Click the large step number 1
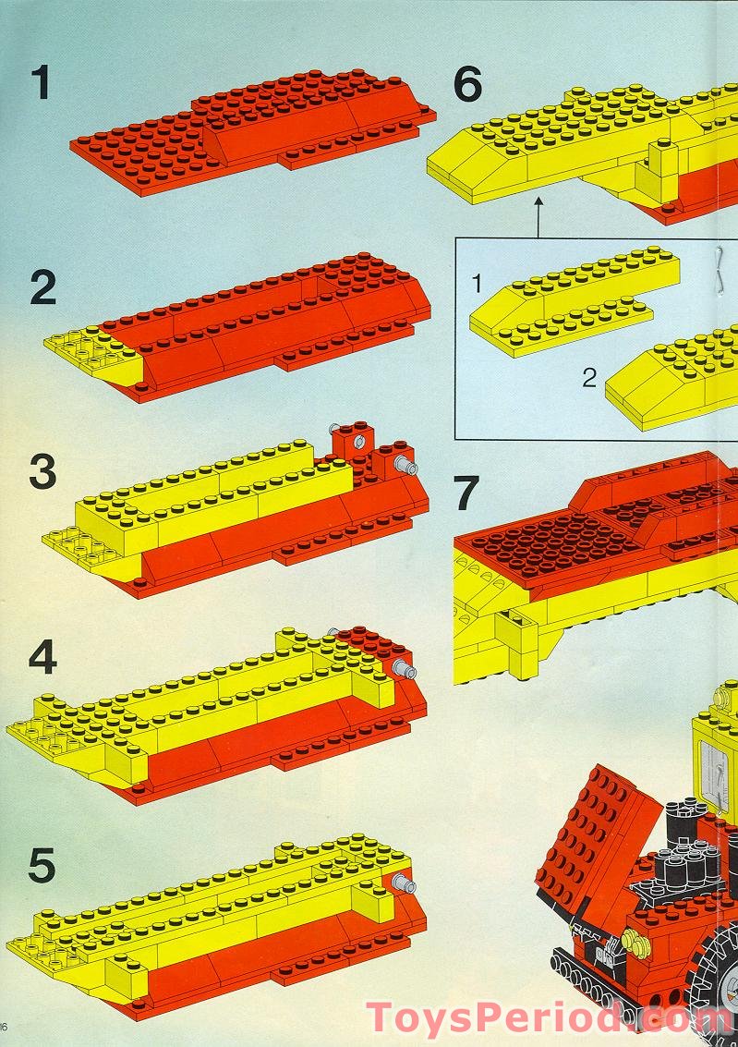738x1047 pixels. pos(42,82)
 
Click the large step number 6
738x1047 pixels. pos(467,85)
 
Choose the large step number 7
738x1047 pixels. pos(466,493)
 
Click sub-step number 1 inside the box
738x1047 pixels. pos(477,284)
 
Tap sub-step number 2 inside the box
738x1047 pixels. pos(588,378)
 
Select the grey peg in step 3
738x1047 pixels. pos(405,465)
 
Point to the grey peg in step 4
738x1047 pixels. pos(405,669)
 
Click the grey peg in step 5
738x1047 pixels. pos(405,883)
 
